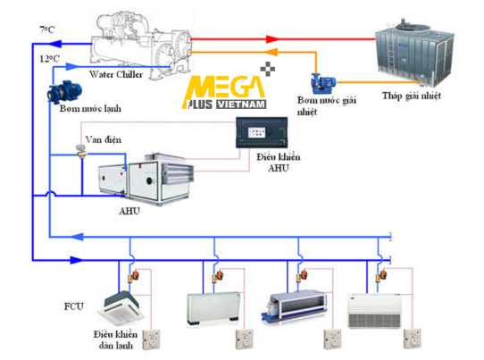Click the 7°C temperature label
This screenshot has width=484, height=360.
[x=47, y=30]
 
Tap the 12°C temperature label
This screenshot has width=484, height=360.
[x=49, y=59]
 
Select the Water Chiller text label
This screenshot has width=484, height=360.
[x=116, y=74]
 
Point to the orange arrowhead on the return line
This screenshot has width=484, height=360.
[x=271, y=52]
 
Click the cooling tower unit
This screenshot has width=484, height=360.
[x=414, y=52]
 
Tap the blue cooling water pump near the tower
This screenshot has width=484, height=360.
[x=323, y=83]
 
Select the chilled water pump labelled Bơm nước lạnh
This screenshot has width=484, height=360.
[x=64, y=92]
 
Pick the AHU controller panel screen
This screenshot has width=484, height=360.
[x=257, y=132]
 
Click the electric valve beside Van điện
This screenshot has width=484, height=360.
[x=81, y=151]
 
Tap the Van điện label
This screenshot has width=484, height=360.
[x=104, y=140]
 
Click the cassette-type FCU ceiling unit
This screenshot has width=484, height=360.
[x=121, y=307]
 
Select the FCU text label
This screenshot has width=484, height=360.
[x=74, y=306]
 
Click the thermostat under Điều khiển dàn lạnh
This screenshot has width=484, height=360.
[x=151, y=339]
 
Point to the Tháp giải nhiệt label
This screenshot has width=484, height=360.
[x=412, y=96]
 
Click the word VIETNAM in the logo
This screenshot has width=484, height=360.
[x=241, y=105]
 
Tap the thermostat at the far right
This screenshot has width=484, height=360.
[x=413, y=339]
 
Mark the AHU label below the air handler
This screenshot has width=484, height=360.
[x=129, y=211]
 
